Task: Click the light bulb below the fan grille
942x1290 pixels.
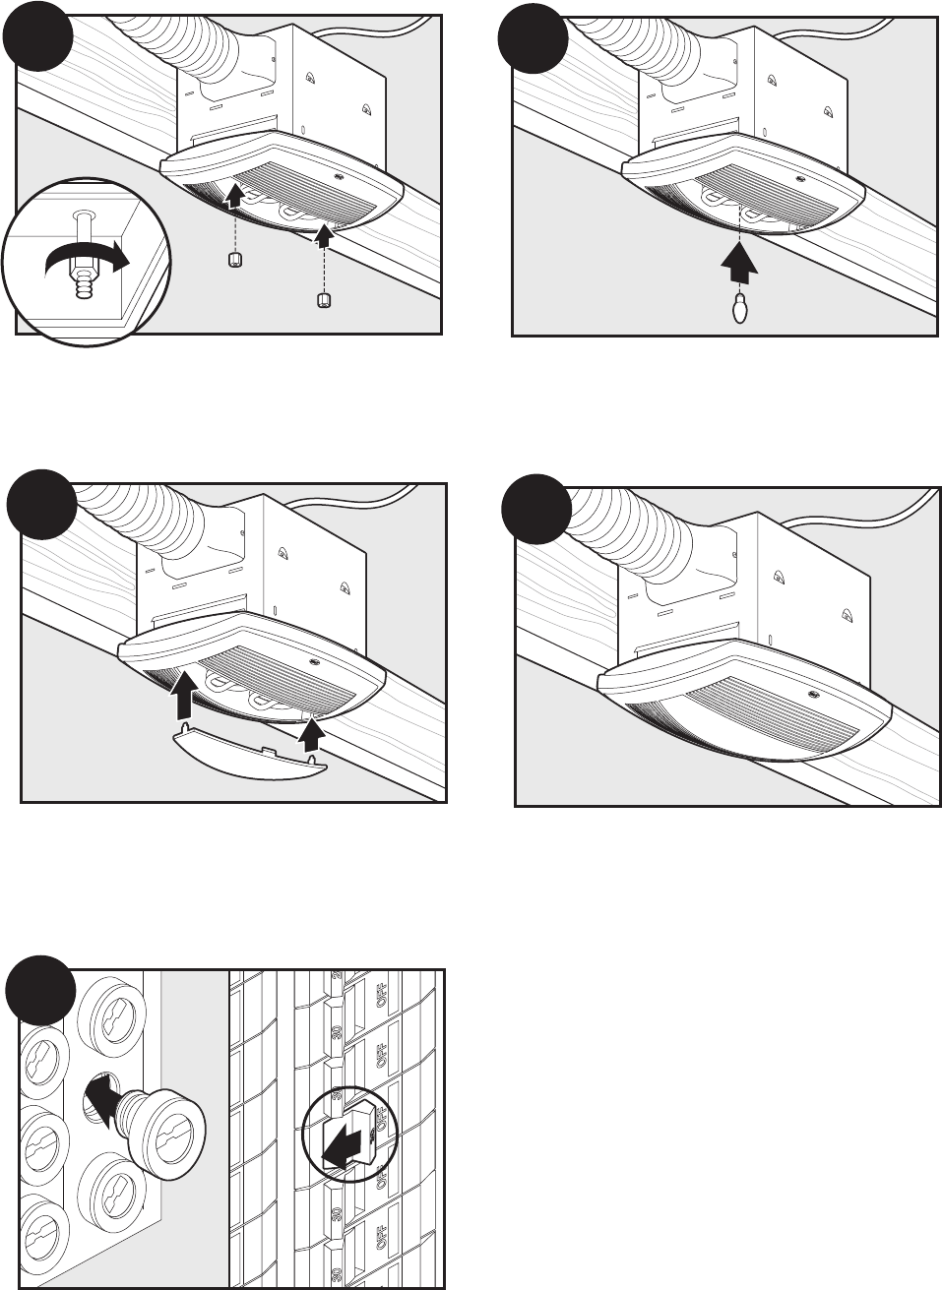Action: (x=737, y=309)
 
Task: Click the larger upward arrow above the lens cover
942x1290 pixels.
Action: (x=181, y=693)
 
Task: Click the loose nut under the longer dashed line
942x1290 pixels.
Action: (x=324, y=301)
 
